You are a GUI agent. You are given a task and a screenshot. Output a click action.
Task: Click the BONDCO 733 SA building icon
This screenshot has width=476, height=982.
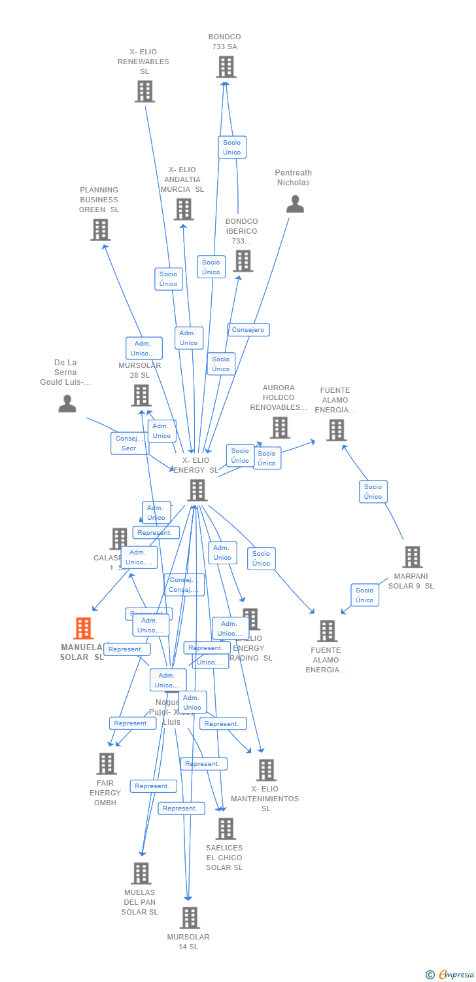coord(226,67)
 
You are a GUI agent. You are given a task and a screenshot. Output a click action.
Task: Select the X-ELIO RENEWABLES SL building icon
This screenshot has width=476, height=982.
coord(144,92)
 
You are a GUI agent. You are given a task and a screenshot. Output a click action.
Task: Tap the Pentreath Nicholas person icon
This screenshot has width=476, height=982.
coord(295,204)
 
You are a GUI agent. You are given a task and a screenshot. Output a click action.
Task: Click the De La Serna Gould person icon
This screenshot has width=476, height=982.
coord(67,403)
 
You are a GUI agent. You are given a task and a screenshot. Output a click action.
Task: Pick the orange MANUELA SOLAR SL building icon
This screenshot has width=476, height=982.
coord(83,628)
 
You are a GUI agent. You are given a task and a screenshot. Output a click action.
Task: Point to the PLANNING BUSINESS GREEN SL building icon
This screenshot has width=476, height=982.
coord(100,230)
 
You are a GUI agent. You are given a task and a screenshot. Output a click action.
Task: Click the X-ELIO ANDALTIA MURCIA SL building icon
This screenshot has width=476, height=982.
coord(184,209)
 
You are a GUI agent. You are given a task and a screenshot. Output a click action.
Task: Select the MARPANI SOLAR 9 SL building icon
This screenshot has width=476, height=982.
coord(412,557)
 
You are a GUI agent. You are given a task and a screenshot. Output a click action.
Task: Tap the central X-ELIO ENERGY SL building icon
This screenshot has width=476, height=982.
coord(197,490)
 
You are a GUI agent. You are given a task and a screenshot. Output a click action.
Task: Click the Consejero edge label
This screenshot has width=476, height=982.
coord(248,330)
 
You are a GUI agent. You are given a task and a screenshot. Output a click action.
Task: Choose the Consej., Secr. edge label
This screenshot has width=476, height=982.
coord(129,443)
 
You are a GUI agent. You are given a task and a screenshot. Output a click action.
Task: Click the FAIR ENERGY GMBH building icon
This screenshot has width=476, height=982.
coord(106,763)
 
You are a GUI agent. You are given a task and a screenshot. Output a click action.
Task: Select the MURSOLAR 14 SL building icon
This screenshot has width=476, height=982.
coord(190,918)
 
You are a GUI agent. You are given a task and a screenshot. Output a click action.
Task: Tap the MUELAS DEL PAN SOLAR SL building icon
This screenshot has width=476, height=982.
coord(141,873)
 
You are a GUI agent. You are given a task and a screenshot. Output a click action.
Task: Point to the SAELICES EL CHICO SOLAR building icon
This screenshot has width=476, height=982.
coord(226,829)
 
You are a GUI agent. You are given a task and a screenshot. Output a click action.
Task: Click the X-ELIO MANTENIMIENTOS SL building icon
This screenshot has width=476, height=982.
coord(266,770)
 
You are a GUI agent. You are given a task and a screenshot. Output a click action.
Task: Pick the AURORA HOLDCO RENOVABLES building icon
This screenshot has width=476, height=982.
coord(280,427)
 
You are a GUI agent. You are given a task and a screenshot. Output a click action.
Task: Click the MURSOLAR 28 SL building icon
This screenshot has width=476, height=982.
coord(141,395)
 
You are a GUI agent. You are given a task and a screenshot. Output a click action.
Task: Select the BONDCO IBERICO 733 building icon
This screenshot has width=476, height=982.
coord(243,261)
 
